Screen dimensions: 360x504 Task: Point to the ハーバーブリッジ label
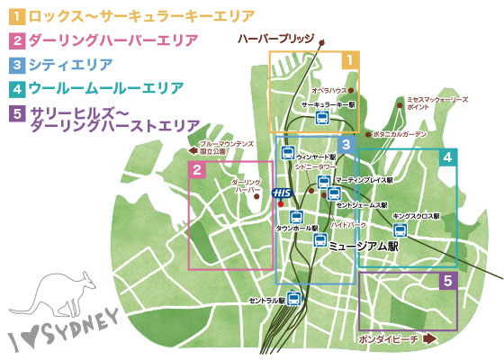274,40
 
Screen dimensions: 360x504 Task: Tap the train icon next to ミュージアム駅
319,239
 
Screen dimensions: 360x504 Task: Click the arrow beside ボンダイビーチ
428,339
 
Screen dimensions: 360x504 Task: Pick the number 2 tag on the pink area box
197,169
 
